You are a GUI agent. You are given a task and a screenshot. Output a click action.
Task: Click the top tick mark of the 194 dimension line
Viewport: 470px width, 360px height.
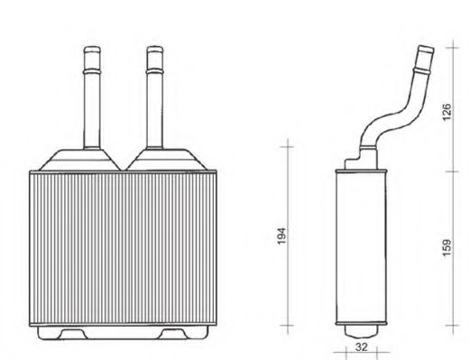(288, 142)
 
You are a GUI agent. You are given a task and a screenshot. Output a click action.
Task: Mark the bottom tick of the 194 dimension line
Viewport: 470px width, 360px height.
(288, 324)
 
